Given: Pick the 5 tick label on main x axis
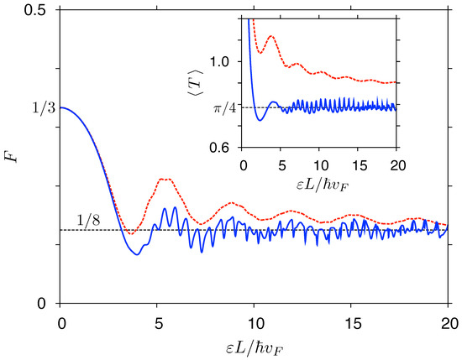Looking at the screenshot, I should coord(157,321).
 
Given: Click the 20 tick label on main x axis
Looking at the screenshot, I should coord(449,321).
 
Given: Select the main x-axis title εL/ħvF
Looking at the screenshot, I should coord(255,345).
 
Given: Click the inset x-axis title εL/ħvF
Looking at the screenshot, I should coord(320,182).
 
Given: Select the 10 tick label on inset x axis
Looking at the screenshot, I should coord(320,163).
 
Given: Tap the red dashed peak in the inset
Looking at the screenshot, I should coord(270,36).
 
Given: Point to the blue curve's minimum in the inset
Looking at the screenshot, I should coord(260,121).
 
